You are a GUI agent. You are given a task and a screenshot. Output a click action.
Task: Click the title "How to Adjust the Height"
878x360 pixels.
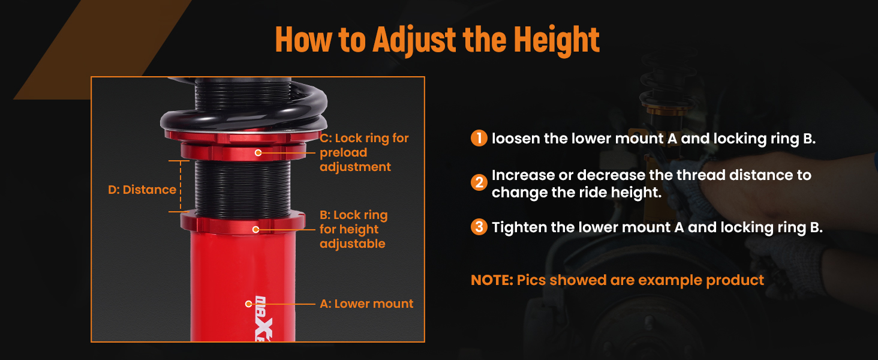click(437, 39)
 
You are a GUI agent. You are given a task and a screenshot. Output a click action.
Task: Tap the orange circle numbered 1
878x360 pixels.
click(479, 138)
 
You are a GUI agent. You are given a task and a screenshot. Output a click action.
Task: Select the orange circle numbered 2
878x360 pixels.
click(479, 182)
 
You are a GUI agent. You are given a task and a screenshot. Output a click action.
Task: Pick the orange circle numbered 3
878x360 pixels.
click(479, 227)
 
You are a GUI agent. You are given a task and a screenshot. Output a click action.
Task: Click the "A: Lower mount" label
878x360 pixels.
click(366, 304)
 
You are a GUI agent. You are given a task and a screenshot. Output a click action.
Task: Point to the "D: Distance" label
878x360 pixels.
click(142, 190)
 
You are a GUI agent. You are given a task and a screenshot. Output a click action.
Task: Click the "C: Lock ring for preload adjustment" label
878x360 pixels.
click(364, 152)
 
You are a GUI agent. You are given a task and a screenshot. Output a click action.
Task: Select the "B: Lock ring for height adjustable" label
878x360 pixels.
click(354, 229)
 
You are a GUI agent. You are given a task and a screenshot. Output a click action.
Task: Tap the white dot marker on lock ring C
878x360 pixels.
click(258, 152)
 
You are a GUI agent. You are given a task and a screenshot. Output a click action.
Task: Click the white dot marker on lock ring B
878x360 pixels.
click(255, 229)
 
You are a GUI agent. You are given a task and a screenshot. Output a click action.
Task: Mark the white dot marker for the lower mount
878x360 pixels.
click(248, 304)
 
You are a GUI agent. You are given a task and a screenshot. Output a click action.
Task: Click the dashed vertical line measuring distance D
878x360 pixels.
click(181, 186)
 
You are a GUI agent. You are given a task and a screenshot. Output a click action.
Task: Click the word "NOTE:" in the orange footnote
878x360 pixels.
click(492, 280)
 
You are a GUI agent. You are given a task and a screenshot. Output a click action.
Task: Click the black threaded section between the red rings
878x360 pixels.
click(243, 186)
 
